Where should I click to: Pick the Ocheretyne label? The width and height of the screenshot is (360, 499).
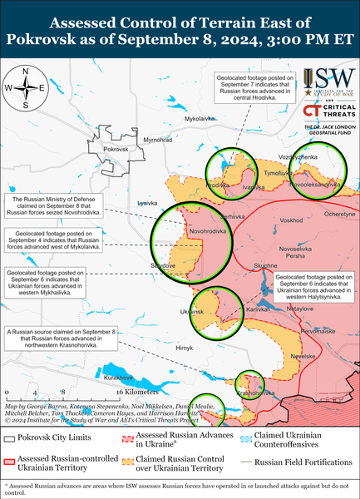339,214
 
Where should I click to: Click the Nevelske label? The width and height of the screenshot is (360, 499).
308,356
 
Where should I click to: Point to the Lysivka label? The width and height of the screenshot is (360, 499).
147,203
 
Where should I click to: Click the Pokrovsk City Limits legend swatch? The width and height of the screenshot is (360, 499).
10,437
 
